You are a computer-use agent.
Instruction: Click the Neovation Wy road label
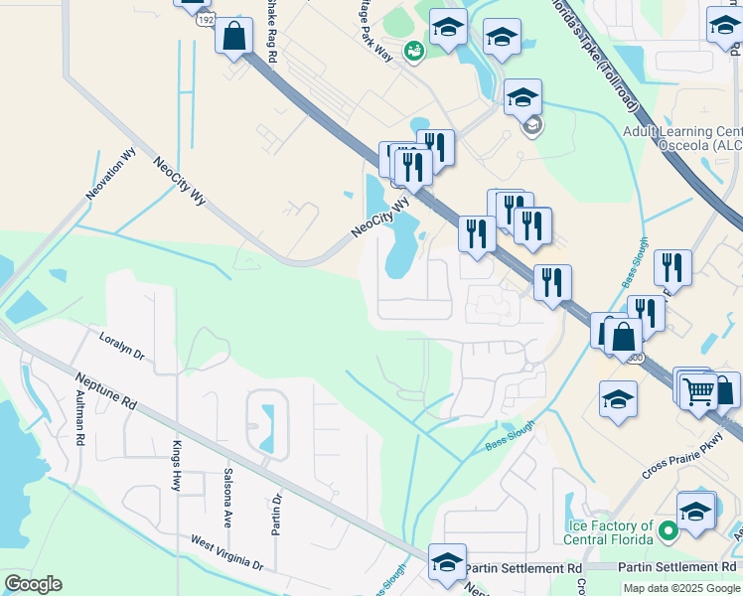point(110,174)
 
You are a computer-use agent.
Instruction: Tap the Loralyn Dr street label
point(122,347)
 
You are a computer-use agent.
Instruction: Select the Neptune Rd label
point(104,392)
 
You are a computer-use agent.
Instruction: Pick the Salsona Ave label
point(227,497)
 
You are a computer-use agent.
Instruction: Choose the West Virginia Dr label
point(227,552)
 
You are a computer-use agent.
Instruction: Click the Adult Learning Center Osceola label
point(682,138)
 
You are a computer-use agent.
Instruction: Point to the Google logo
point(33,584)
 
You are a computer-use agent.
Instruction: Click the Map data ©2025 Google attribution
point(681,588)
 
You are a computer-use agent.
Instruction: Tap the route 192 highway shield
point(205,18)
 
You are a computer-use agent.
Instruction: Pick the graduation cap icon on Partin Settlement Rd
point(448,562)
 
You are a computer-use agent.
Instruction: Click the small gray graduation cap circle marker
point(532,125)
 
